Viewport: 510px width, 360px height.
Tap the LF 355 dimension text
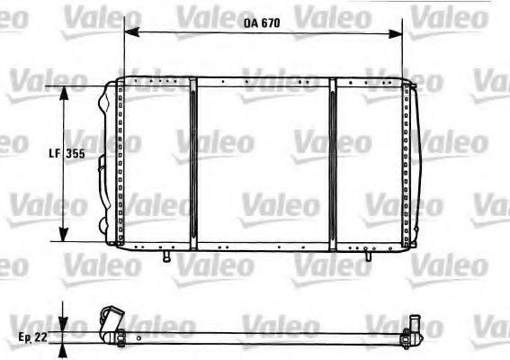tap(67, 154)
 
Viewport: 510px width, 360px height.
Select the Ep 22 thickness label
tap(32, 337)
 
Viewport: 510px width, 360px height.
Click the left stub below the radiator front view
tap(166, 256)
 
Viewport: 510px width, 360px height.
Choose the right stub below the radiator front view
tap(367, 256)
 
